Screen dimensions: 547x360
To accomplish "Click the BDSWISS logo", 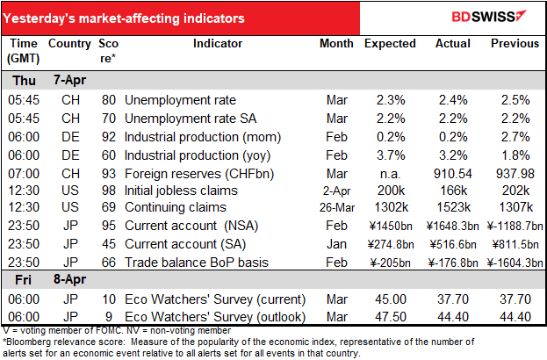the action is (489, 17).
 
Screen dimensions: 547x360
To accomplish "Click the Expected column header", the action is (390, 44).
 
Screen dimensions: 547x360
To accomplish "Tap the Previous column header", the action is (515, 44).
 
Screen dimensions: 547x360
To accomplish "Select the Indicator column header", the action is (218, 44).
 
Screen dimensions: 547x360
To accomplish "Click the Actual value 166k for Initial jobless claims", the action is (453, 191).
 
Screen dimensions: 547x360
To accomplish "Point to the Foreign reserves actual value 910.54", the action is (453, 174).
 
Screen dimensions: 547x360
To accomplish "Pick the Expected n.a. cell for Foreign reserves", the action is (391, 174).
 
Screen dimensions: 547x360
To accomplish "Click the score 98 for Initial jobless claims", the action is (109, 191).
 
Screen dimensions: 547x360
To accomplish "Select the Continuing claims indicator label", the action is (176, 207).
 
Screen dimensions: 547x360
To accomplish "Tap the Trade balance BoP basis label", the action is (197, 263).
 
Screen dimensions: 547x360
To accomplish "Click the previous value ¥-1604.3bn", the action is (515, 263).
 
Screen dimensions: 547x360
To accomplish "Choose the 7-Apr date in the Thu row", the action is (69, 80).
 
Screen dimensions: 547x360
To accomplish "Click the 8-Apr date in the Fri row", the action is (69, 279).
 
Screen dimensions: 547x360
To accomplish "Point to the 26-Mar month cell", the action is (337, 207).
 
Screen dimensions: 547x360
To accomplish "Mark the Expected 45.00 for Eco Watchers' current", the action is (391, 299).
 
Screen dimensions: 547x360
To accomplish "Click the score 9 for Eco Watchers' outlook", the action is (109, 317).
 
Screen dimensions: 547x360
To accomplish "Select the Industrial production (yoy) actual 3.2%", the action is (453, 155).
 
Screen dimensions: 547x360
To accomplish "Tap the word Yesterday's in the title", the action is (39, 18).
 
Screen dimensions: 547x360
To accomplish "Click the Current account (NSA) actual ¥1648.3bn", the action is (452, 226).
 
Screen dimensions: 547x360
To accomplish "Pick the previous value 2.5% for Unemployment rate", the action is (515, 100).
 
